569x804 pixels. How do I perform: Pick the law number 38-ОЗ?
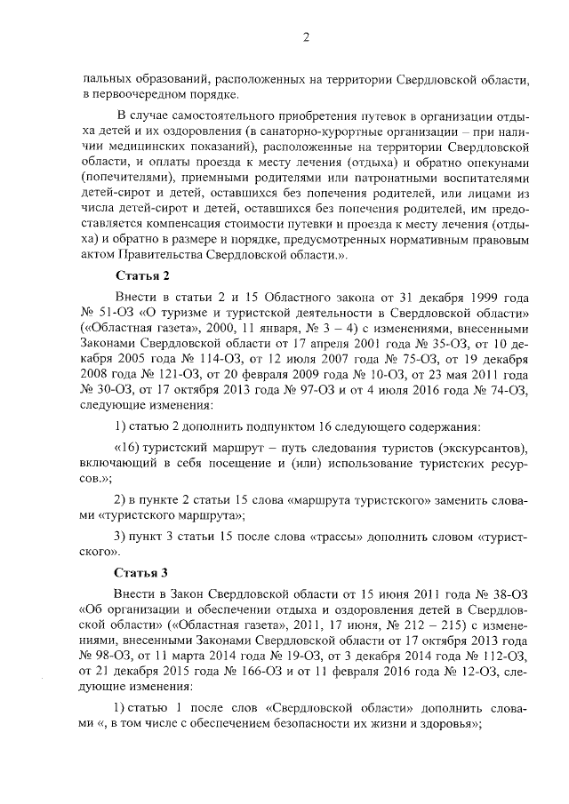(511, 591)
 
